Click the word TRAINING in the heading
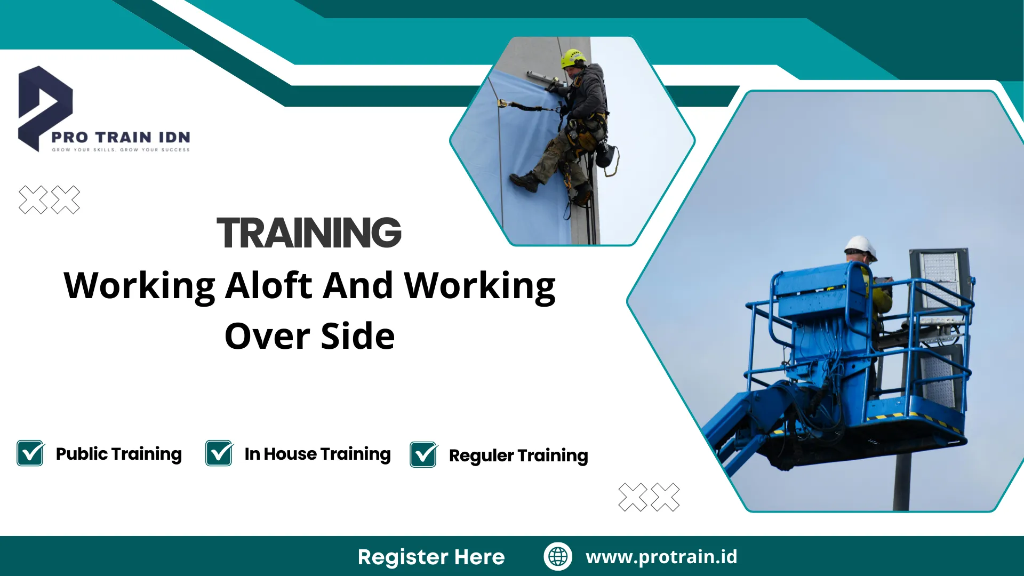point(309,233)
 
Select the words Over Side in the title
point(310,336)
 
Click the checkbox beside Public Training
point(30,453)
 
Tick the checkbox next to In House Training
point(219,453)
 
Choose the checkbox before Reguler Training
point(424,455)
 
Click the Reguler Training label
point(518,456)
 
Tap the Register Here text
point(431,557)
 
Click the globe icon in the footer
point(558,556)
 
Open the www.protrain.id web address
point(661,557)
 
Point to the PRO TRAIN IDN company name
point(121,137)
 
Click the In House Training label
point(318,454)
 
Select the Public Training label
point(119,454)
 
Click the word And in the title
point(358,285)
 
